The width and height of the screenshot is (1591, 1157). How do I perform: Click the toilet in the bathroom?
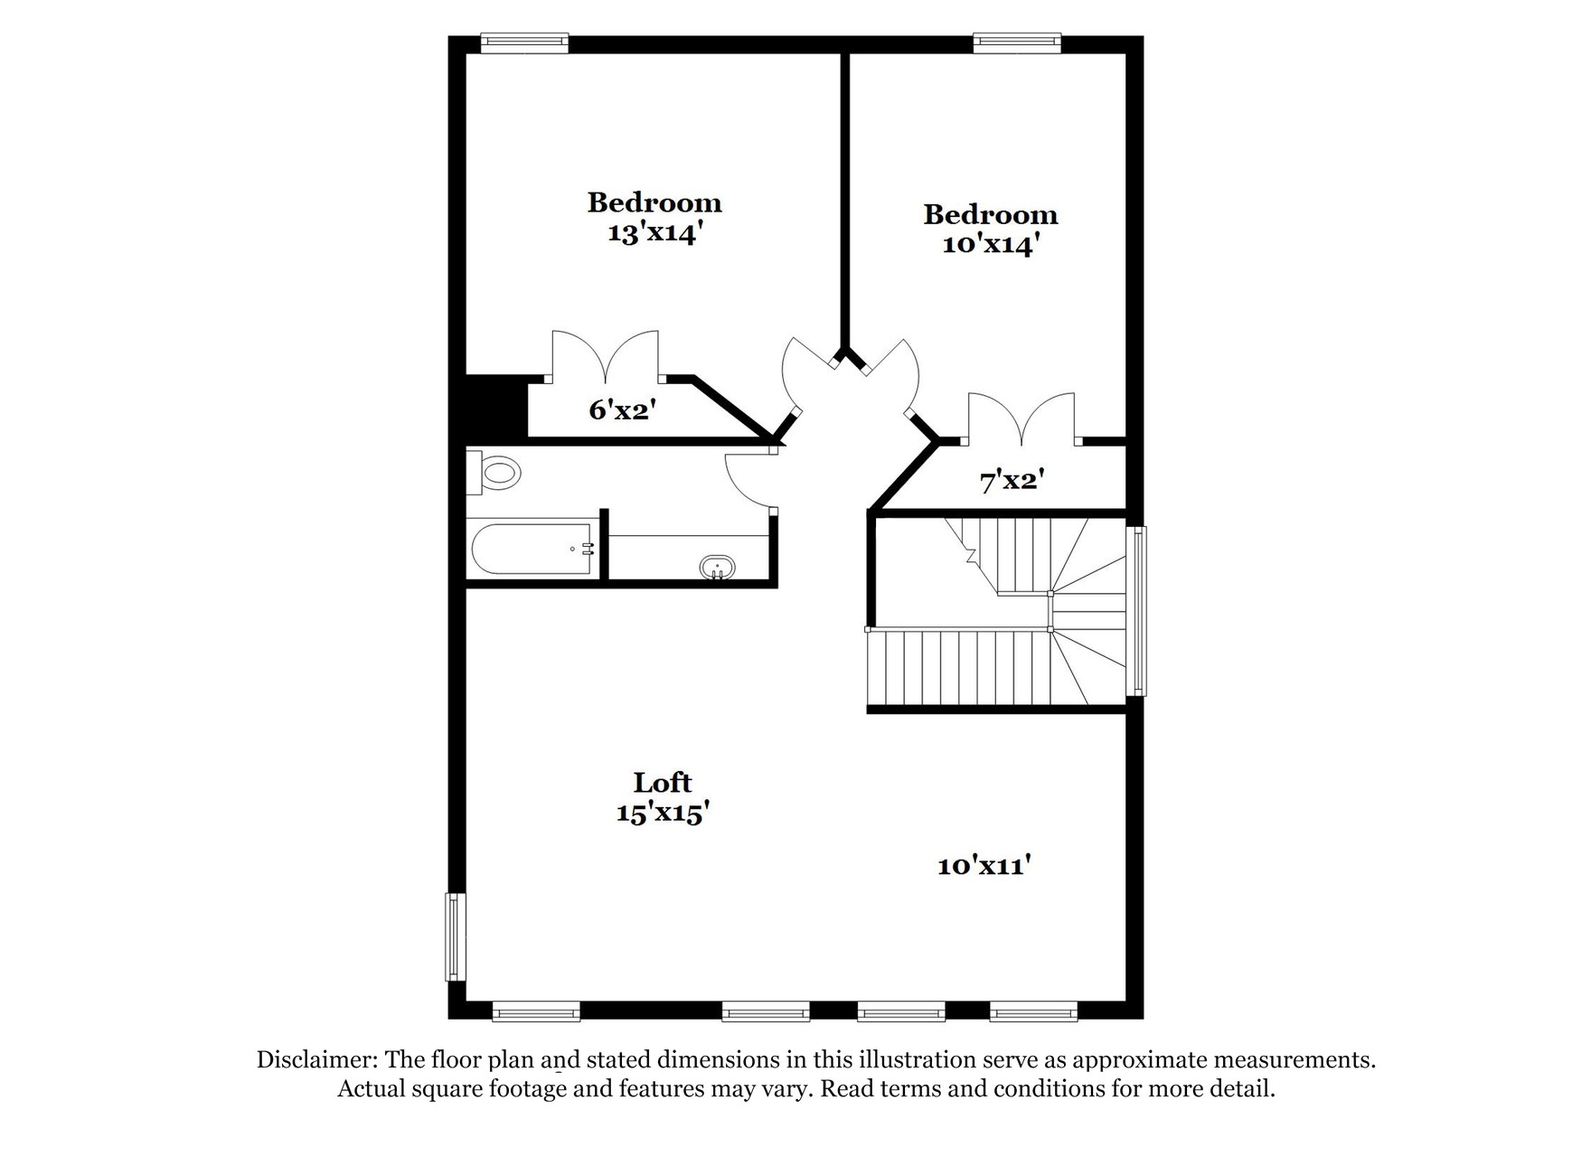click(x=494, y=472)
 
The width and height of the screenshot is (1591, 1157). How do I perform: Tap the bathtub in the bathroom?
click(x=531, y=549)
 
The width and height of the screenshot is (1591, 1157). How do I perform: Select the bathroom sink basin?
click(x=718, y=567)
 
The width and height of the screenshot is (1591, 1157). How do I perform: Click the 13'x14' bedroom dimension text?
click(x=655, y=233)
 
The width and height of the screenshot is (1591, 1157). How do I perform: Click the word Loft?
click(x=663, y=782)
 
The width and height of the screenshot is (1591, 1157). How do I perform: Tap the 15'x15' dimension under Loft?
click(x=662, y=813)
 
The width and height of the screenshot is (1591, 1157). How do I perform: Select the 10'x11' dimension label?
click(x=984, y=866)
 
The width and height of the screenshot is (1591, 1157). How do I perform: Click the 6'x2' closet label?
click(x=622, y=410)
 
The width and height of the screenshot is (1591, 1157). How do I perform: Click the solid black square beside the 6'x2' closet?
click(x=496, y=406)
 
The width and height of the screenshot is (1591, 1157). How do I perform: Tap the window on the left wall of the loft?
click(x=455, y=936)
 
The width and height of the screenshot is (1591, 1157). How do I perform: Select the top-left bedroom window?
click(x=524, y=42)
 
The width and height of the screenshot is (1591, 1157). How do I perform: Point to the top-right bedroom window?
click(x=1017, y=42)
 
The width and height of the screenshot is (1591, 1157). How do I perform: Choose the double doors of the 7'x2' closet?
click(x=1021, y=419)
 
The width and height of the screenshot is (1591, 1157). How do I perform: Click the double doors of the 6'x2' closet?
click(x=606, y=354)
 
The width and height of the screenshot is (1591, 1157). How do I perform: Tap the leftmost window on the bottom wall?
click(x=536, y=1011)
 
